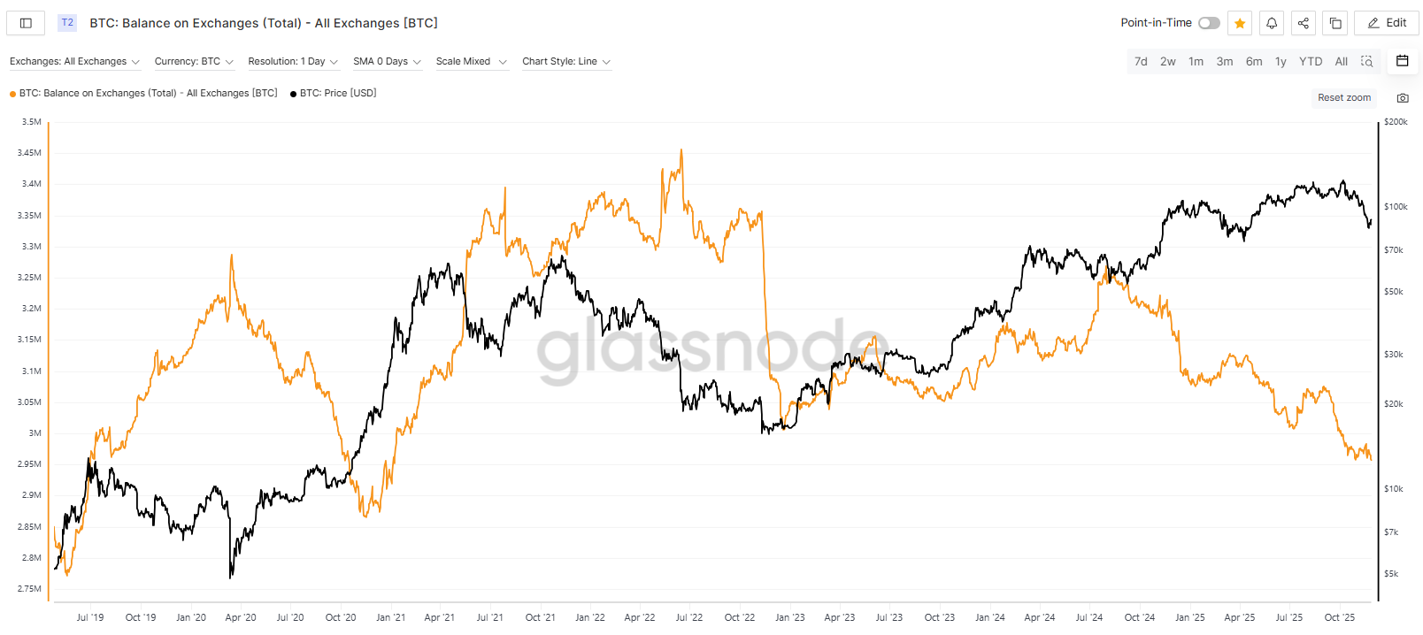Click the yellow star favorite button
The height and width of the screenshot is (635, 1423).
click(x=1240, y=23)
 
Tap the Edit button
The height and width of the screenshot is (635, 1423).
click(x=1387, y=23)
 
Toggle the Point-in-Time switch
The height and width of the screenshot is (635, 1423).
click(x=1209, y=23)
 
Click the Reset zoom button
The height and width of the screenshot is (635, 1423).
click(x=1343, y=97)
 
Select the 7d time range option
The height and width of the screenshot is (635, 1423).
click(x=1141, y=61)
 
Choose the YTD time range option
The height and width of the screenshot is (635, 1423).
click(x=1310, y=61)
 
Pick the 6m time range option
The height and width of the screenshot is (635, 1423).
click(x=1253, y=61)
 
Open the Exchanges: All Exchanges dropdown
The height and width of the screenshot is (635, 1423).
click(x=74, y=61)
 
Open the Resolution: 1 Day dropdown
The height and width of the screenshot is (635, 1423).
click(x=293, y=61)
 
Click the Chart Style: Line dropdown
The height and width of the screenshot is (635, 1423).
click(x=566, y=61)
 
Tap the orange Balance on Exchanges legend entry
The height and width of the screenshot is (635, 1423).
click(x=147, y=93)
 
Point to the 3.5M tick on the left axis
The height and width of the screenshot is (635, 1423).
click(x=32, y=122)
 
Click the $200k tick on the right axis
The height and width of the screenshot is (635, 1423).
click(x=1396, y=122)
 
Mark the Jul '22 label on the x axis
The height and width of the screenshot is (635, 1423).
click(x=688, y=617)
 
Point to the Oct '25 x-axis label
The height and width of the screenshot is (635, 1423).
click(x=1339, y=617)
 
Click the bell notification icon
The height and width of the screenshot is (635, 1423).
click(x=1272, y=23)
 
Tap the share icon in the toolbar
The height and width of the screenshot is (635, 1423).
click(x=1304, y=23)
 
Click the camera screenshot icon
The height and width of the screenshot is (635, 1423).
click(x=1403, y=97)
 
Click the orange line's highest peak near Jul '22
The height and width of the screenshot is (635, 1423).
click(x=681, y=150)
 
